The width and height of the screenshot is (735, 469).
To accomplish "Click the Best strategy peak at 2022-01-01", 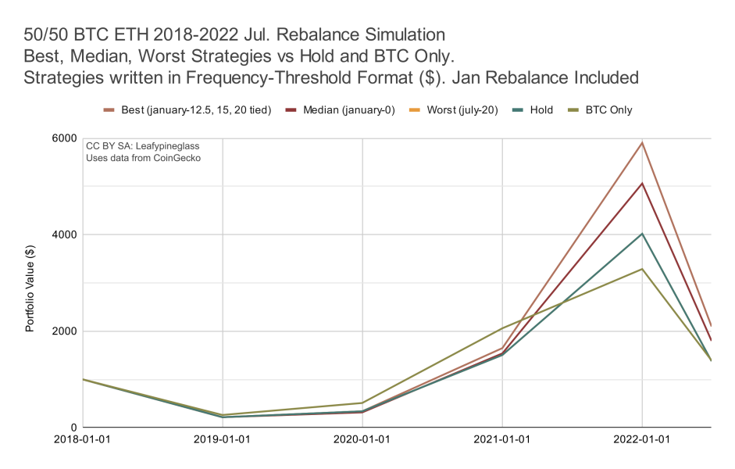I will (x=642, y=142).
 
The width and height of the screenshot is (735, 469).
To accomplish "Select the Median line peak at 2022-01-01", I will (x=642, y=184).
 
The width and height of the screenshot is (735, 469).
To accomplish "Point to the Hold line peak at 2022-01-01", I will (x=642, y=234).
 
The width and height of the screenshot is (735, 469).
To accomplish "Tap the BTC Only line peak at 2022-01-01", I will (x=642, y=269).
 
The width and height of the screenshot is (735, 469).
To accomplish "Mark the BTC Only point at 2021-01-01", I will (x=502, y=328).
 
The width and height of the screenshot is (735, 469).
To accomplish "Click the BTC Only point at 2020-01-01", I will (x=362, y=403).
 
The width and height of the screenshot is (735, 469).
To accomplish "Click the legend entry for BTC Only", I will (x=605, y=110).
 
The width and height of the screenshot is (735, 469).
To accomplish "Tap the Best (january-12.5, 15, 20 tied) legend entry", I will (x=196, y=110).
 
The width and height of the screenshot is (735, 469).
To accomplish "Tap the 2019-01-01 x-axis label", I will (x=223, y=439).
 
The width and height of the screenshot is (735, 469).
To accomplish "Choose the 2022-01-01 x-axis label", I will (x=642, y=439).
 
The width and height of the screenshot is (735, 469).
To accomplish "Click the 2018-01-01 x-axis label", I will (x=83, y=439).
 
